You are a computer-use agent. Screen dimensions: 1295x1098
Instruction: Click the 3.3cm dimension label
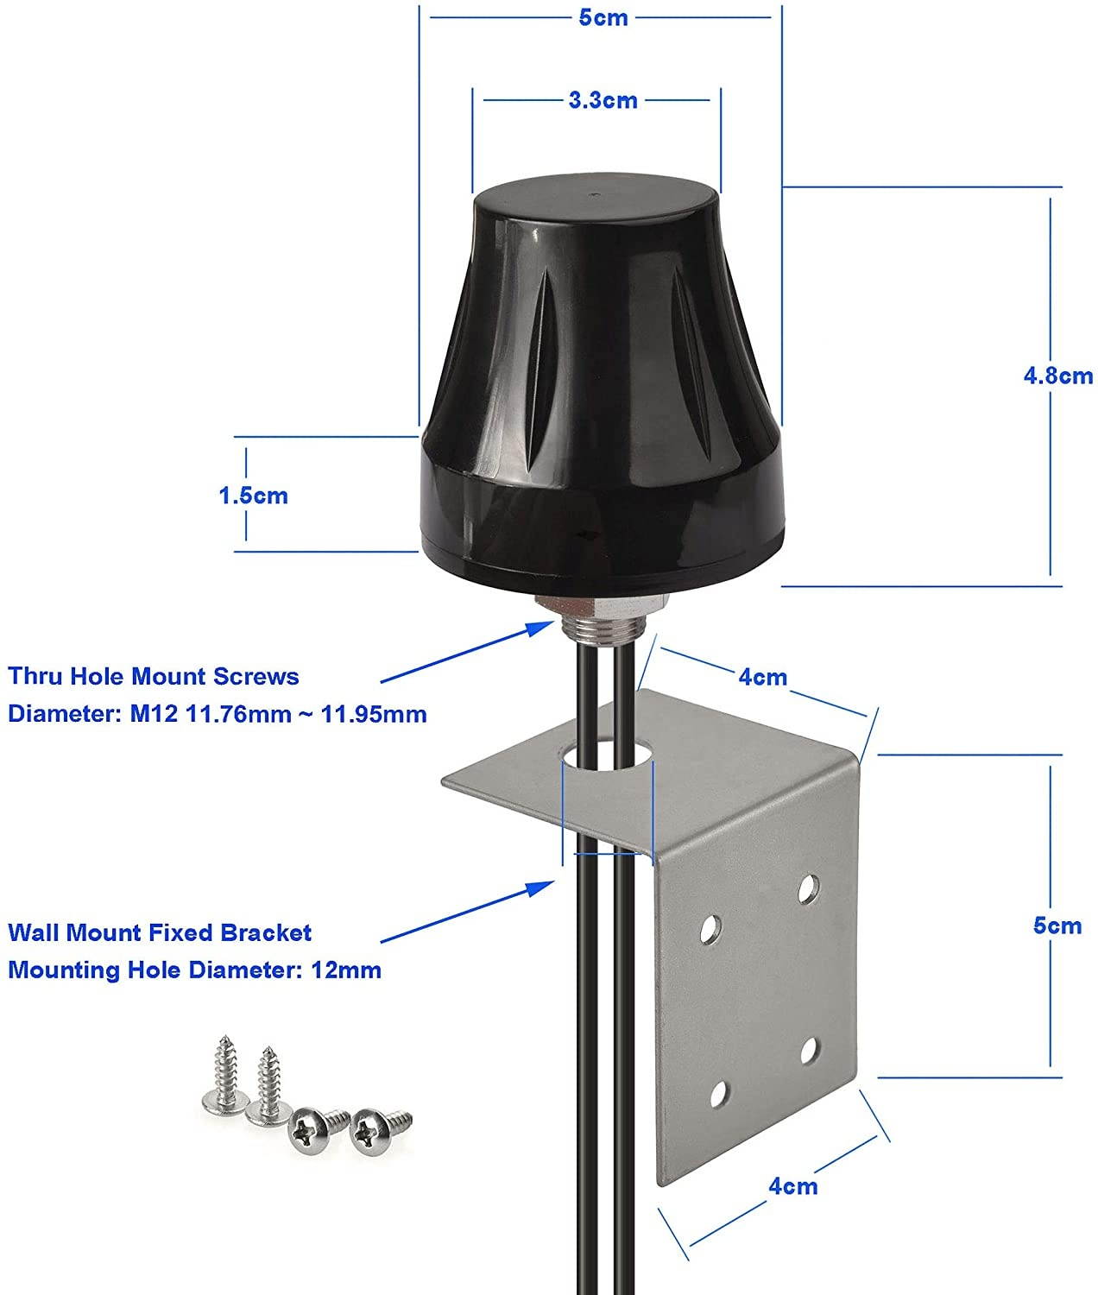point(603,100)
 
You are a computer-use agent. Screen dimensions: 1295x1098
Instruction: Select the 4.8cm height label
point(1057,376)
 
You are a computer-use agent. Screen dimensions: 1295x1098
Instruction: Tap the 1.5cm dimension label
point(252,496)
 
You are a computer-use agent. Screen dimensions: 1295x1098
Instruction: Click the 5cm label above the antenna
point(603,17)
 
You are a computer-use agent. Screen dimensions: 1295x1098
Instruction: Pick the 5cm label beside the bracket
point(1057,925)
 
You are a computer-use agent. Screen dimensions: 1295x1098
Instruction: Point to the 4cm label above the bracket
point(762,676)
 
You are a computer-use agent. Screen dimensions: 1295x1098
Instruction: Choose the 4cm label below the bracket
point(792,1185)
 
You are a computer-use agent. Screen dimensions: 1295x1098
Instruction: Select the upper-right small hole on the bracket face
point(809,888)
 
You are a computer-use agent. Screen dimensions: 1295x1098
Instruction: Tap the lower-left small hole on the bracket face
point(716,1093)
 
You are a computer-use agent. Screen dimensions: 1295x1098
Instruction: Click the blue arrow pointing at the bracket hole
point(466,911)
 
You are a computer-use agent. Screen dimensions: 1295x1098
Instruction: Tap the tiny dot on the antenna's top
point(595,197)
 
